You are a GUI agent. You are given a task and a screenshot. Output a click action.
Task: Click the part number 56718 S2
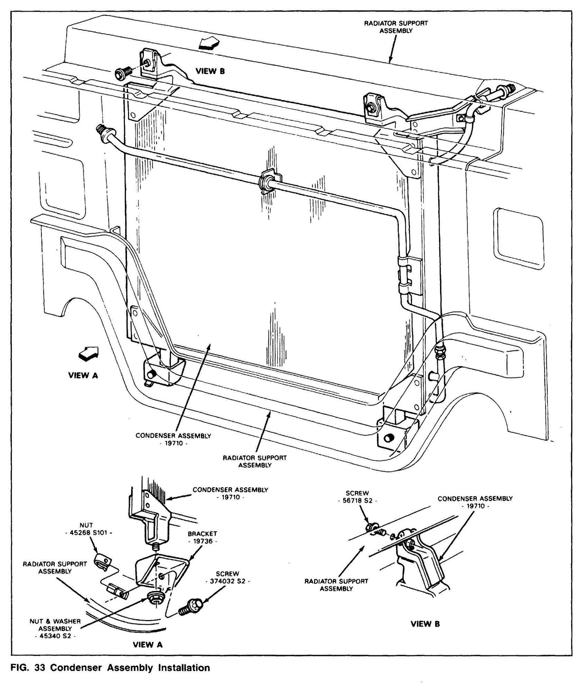[357, 501]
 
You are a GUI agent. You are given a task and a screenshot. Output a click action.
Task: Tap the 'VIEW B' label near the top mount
[210, 72]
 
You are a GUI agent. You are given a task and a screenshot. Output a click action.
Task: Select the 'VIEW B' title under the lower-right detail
[425, 624]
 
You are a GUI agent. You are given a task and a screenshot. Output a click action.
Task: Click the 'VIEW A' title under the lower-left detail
[148, 645]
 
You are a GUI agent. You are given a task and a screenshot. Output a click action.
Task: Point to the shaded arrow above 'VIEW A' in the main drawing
[89, 354]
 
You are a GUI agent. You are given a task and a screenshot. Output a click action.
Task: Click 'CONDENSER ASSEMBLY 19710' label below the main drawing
[173, 439]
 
